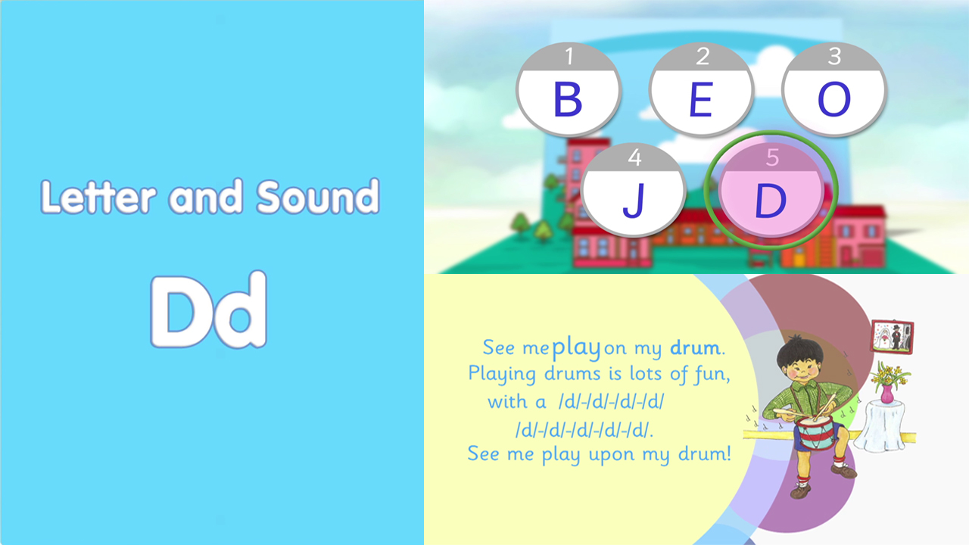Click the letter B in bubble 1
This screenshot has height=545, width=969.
[x=567, y=99]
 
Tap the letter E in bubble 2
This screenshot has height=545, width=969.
[x=701, y=99]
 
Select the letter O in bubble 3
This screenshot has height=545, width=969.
[x=834, y=99]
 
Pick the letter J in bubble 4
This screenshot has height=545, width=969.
[x=634, y=200]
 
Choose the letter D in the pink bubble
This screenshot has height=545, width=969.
[x=770, y=201]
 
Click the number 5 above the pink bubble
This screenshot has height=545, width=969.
[x=772, y=157]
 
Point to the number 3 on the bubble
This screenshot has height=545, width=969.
[x=834, y=56]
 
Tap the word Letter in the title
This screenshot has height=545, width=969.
[x=98, y=197]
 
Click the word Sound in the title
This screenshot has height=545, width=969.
[x=318, y=196]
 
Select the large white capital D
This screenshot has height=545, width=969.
[x=178, y=311]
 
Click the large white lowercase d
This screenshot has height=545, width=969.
[x=238, y=310]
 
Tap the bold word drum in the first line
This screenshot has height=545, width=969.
[x=695, y=347]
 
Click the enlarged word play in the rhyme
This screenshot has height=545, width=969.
[x=577, y=348]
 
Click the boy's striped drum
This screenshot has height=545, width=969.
[x=815, y=431]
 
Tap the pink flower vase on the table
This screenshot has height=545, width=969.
[x=886, y=394]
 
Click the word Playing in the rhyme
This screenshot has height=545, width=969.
[x=502, y=374]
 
